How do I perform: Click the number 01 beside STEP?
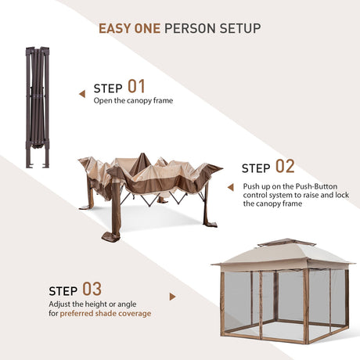136,87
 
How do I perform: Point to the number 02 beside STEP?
285,167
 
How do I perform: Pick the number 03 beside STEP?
92,289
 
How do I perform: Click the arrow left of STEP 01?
82,94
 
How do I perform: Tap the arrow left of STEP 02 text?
231,187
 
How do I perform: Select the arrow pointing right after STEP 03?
172,297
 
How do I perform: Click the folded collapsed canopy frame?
38,107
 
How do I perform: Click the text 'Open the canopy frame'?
133,100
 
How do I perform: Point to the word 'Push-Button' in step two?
316,186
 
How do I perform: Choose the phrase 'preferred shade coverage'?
106,313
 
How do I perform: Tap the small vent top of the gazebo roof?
286,243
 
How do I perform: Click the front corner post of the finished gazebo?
306,306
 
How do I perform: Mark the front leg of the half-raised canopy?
116,206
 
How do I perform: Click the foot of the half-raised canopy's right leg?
211,224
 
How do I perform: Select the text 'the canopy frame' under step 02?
272,203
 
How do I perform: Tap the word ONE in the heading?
147,28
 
